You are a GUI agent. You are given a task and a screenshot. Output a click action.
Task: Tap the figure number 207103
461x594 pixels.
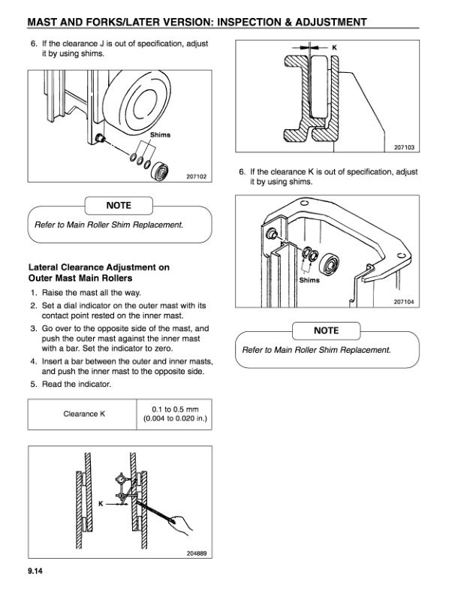pyautogui.click(x=403, y=147)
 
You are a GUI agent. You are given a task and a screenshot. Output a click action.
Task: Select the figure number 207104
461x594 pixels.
pyautogui.click(x=403, y=301)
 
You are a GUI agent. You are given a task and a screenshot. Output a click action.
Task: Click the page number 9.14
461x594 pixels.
pyautogui.click(x=35, y=574)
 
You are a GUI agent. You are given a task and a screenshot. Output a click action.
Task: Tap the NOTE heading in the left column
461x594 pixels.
pyautogui.click(x=119, y=205)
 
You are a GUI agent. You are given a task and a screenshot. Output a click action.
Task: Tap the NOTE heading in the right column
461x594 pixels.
pyautogui.click(x=326, y=330)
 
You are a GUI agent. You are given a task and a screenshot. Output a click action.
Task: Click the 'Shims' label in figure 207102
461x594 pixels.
pyautogui.click(x=161, y=135)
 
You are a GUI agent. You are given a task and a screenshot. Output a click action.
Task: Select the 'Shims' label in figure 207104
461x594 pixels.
pyautogui.click(x=309, y=280)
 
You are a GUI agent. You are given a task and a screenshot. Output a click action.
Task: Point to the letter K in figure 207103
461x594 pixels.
pyautogui.click(x=334, y=47)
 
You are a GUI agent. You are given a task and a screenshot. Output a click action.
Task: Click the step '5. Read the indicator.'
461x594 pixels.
pyautogui.click(x=75, y=384)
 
